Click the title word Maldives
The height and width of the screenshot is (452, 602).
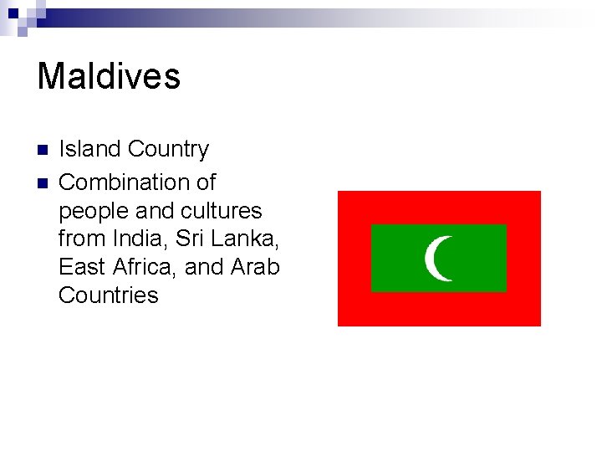pyautogui.click(x=109, y=76)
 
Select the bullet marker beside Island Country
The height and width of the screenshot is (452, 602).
pyautogui.click(x=42, y=151)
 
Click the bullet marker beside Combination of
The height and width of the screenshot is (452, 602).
pyautogui.click(x=42, y=182)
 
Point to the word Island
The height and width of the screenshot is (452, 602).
pyautogui.click(x=90, y=149)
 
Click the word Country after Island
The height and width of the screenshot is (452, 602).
pyautogui.click(x=169, y=149)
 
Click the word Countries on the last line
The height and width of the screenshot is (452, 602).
pyautogui.click(x=109, y=295)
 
